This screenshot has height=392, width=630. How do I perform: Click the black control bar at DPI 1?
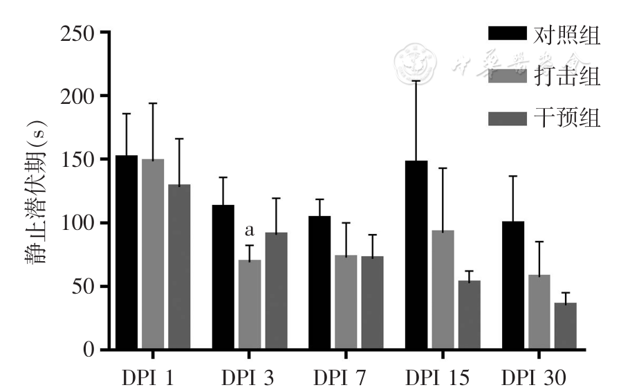127,253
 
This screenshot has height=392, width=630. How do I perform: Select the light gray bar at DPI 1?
153,254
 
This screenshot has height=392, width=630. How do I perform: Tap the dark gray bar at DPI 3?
276,291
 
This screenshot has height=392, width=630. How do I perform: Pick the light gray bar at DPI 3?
249,305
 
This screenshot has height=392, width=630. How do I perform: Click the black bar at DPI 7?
319,283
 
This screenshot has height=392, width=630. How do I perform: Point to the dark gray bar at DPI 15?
469,315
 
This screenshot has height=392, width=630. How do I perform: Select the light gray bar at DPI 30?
539,312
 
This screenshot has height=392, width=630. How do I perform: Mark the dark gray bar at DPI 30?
565,326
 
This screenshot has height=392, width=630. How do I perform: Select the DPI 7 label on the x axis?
340,378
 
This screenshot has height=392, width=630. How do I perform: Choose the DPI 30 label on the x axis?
534,378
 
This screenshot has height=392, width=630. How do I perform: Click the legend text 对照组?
567,35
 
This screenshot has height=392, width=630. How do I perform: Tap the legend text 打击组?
567,76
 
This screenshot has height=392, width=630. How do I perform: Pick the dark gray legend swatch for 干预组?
508,118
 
